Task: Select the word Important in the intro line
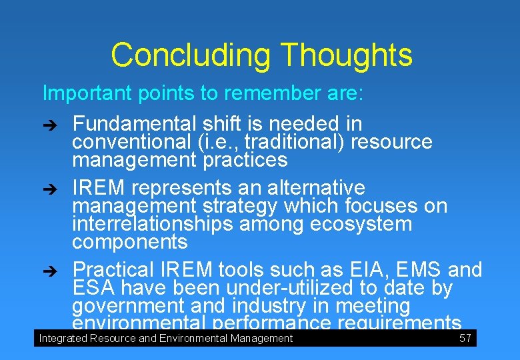point(87,93)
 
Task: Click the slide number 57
point(465,339)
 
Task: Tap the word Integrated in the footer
point(63,339)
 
